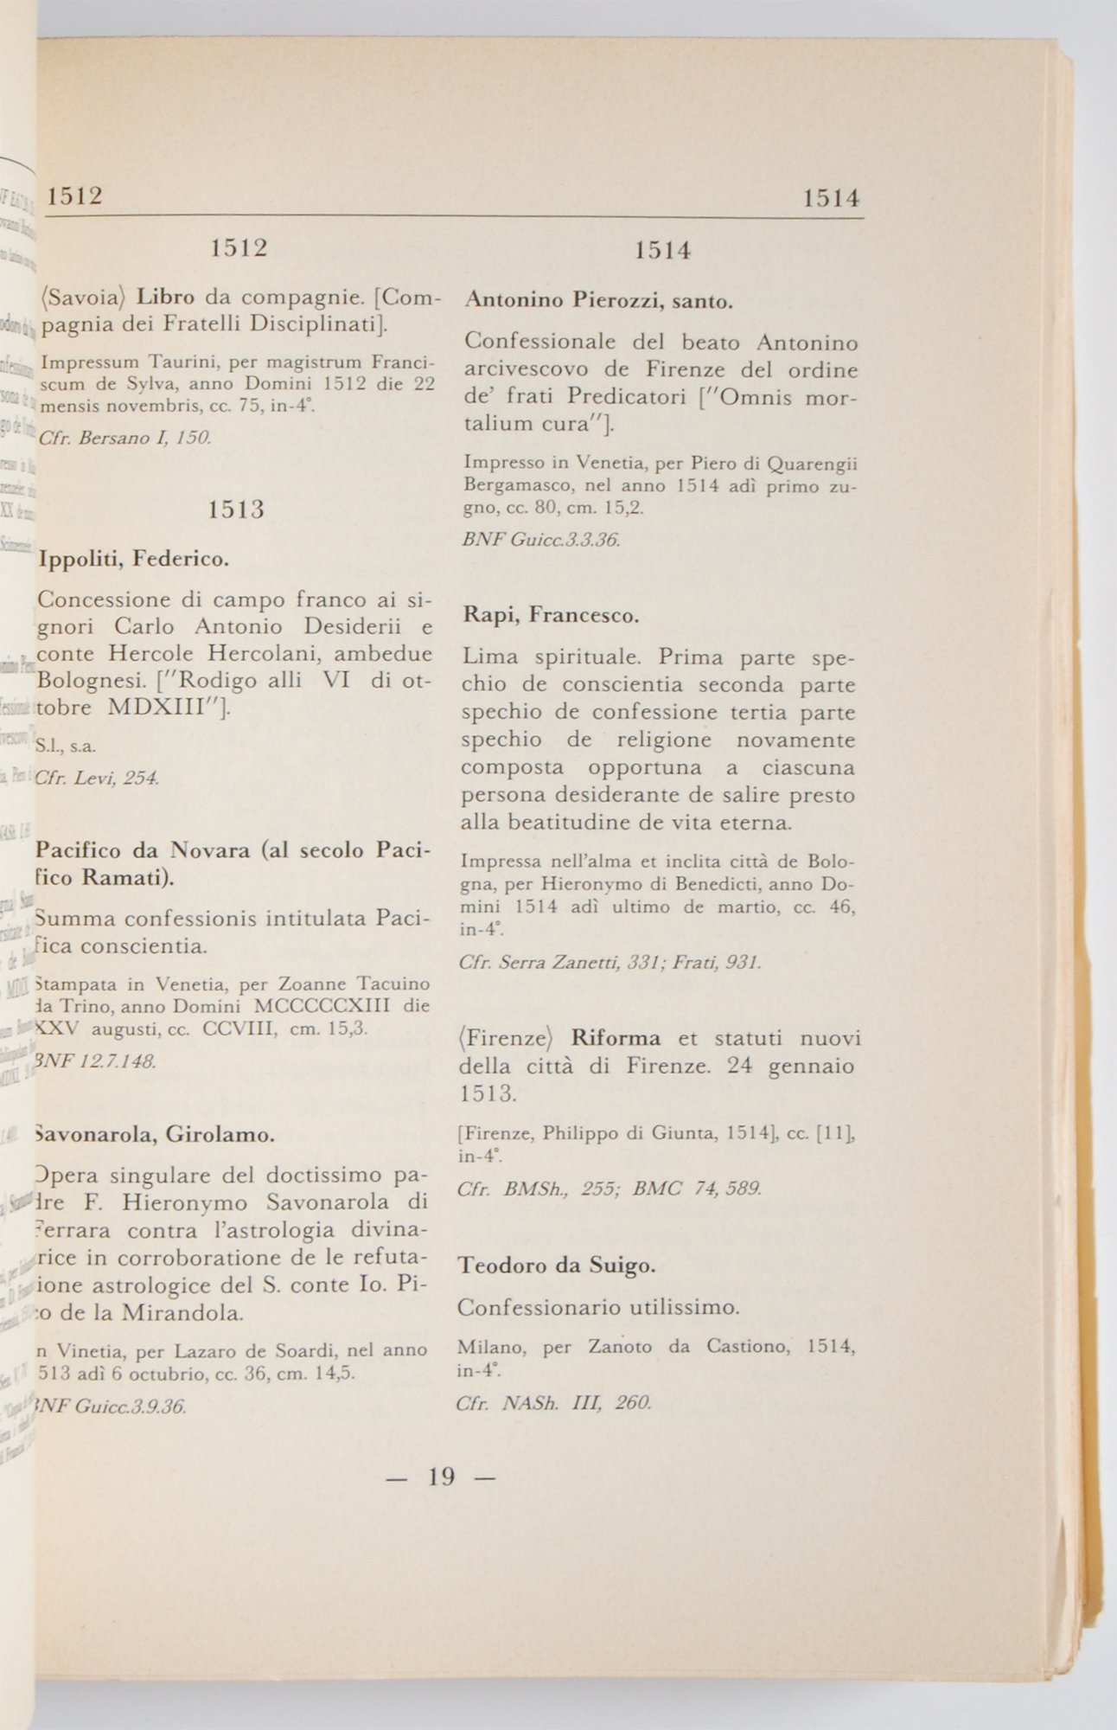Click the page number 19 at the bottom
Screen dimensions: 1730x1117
tap(441, 1477)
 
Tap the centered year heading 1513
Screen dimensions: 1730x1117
tap(237, 509)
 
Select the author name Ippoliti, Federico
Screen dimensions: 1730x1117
tap(133, 560)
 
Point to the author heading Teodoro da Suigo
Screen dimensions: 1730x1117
tap(556, 1265)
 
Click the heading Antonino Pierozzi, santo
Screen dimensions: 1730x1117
tap(599, 301)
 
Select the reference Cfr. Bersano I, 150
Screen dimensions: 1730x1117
tap(125, 438)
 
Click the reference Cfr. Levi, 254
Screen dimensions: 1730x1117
tap(96, 778)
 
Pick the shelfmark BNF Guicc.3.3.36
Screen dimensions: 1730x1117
tap(541, 540)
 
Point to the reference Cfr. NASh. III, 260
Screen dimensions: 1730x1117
tap(553, 1402)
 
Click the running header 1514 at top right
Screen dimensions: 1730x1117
tap(831, 198)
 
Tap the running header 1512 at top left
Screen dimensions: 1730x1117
tap(74, 195)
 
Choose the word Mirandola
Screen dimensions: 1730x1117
tap(182, 1312)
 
